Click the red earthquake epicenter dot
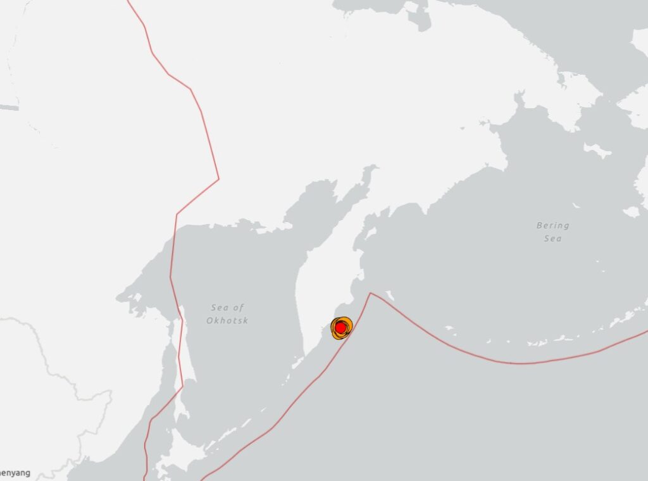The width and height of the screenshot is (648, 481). point(340,327)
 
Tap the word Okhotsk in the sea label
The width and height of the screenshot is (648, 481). point(227,321)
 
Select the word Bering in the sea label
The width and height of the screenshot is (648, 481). point(552,225)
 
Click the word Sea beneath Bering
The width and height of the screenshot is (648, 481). point(552,239)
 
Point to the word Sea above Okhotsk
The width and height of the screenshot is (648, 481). point(228,308)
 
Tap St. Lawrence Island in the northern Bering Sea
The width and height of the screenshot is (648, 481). point(597,151)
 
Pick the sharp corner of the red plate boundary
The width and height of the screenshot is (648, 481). point(370,293)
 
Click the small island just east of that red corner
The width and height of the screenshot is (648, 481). point(389,295)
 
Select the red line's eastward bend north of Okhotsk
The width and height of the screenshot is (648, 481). point(218,179)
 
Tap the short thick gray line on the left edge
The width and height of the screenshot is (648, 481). point(9,108)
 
